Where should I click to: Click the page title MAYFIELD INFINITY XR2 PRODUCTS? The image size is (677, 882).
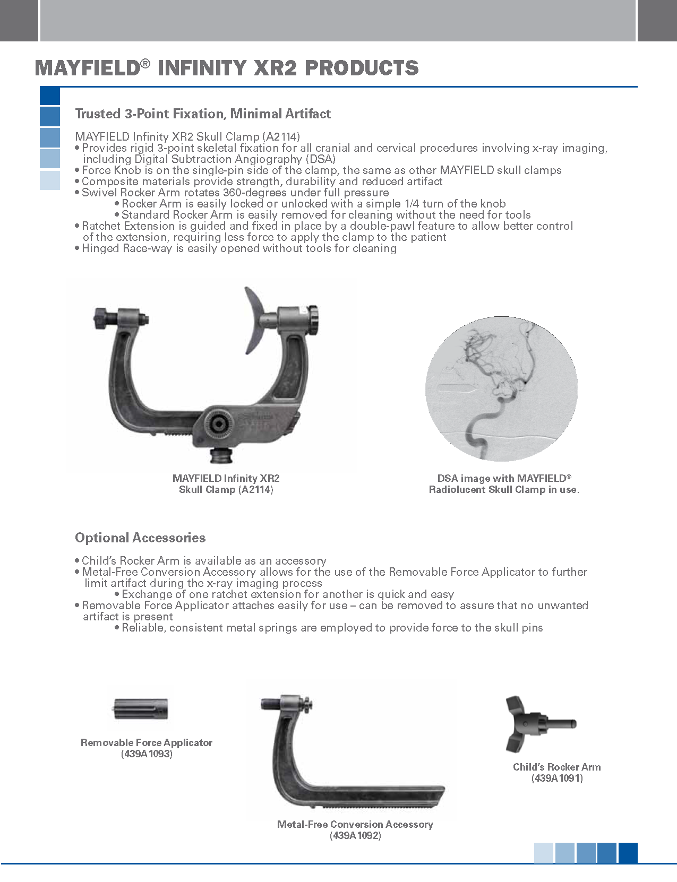[x=227, y=68]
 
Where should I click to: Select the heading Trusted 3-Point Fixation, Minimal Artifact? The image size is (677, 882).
[x=203, y=114]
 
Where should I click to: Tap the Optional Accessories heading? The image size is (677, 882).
[x=140, y=538]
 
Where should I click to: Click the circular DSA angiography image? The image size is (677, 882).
[x=501, y=388]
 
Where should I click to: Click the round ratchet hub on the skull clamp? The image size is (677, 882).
[x=218, y=423]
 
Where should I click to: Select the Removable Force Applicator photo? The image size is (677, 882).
[x=141, y=708]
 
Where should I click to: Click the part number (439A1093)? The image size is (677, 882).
[x=147, y=754]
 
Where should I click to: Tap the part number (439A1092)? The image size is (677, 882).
[x=355, y=836]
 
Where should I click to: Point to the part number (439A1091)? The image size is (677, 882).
[x=557, y=779]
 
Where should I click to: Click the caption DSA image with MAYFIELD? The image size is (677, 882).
[x=504, y=478]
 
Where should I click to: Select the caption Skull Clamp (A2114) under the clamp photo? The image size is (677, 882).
[x=226, y=490]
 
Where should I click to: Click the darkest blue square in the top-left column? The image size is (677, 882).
[x=50, y=96]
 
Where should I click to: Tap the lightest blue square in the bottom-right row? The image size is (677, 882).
[x=544, y=853]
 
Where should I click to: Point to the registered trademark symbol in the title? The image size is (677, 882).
[x=145, y=64]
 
